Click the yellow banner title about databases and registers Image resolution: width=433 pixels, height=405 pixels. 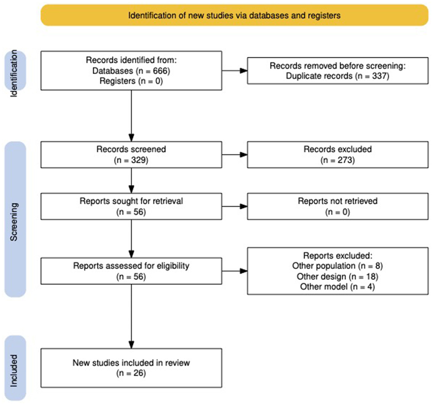click(x=234, y=15)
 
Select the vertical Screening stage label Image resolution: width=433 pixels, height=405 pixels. click(x=14, y=221)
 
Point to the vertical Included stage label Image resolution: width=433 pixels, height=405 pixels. click(x=14, y=370)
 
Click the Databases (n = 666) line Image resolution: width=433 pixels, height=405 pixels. click(x=131, y=71)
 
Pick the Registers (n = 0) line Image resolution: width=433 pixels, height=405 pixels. click(x=131, y=81)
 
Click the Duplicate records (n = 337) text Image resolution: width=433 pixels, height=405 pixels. click(x=337, y=76)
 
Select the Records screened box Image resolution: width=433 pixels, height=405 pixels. click(x=131, y=154)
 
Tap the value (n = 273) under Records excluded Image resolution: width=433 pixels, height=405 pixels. click(x=337, y=160)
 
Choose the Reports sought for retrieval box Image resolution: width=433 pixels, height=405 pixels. click(x=131, y=206)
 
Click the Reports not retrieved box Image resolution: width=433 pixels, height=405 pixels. click(x=337, y=206)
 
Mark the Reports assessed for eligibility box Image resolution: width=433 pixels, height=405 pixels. click(x=131, y=271)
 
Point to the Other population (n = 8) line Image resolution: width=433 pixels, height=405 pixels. click(x=337, y=266)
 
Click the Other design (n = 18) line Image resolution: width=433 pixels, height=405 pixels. click(x=337, y=277)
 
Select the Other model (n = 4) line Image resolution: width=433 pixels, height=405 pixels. click(x=337, y=287)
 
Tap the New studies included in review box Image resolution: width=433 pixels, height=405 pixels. click(x=131, y=368)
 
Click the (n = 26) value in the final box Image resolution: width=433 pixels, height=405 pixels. click(x=131, y=373)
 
